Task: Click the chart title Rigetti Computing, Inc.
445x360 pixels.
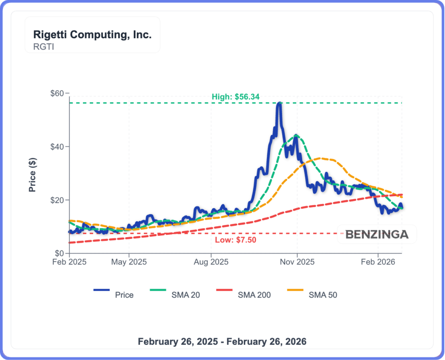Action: tap(93, 35)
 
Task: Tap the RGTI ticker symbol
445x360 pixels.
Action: tap(43, 46)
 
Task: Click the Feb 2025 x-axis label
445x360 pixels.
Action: tap(69, 262)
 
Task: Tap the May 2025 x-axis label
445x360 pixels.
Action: tap(129, 262)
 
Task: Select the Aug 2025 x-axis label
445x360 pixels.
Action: tap(211, 262)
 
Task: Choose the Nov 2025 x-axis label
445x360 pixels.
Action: tap(297, 262)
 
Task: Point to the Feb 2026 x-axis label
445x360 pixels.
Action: tap(378, 262)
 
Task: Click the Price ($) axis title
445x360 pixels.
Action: tap(32, 173)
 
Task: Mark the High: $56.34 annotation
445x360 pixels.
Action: tap(236, 97)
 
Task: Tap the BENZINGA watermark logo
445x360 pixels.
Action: tap(377, 234)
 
